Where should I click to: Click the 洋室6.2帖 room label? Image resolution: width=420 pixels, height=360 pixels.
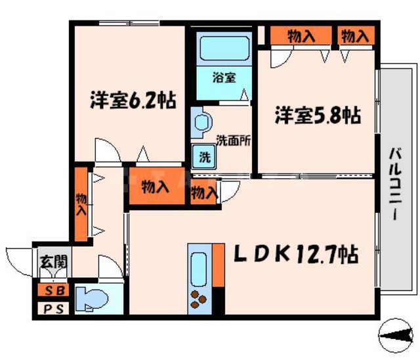pyautogui.click(x=133, y=102)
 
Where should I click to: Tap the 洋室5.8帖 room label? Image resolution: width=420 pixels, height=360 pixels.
pyautogui.click(x=317, y=116)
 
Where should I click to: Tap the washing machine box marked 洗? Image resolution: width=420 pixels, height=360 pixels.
pyautogui.click(x=205, y=158)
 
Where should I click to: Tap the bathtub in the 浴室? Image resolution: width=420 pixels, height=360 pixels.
pyautogui.click(x=223, y=49)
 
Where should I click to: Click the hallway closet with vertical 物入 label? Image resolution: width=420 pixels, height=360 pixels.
pyautogui.click(x=81, y=204)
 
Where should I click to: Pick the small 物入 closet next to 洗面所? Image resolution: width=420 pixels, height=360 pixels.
pyautogui.click(x=203, y=193)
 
